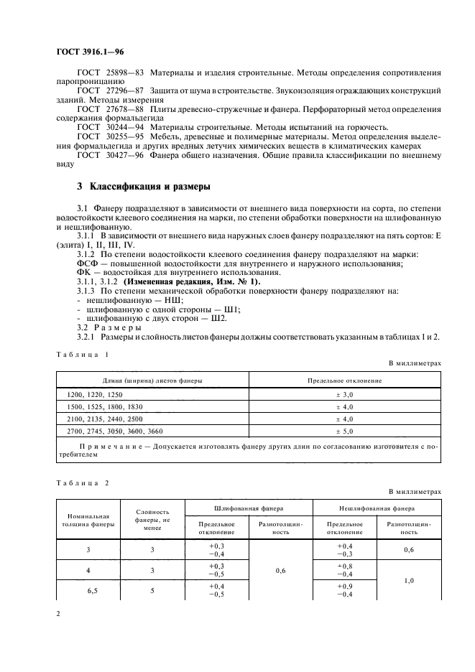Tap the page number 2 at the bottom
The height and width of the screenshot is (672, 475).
tap(57, 614)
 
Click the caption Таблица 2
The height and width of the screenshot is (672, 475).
tap(82, 482)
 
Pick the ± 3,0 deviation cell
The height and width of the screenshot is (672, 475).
tap(345, 395)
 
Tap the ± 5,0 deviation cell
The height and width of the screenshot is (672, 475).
tap(345, 431)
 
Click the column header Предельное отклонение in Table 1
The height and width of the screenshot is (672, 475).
tap(345, 380)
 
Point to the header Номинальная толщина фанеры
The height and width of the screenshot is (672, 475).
tap(88, 520)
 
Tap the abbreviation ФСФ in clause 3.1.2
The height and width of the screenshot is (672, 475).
tap(87, 263)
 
